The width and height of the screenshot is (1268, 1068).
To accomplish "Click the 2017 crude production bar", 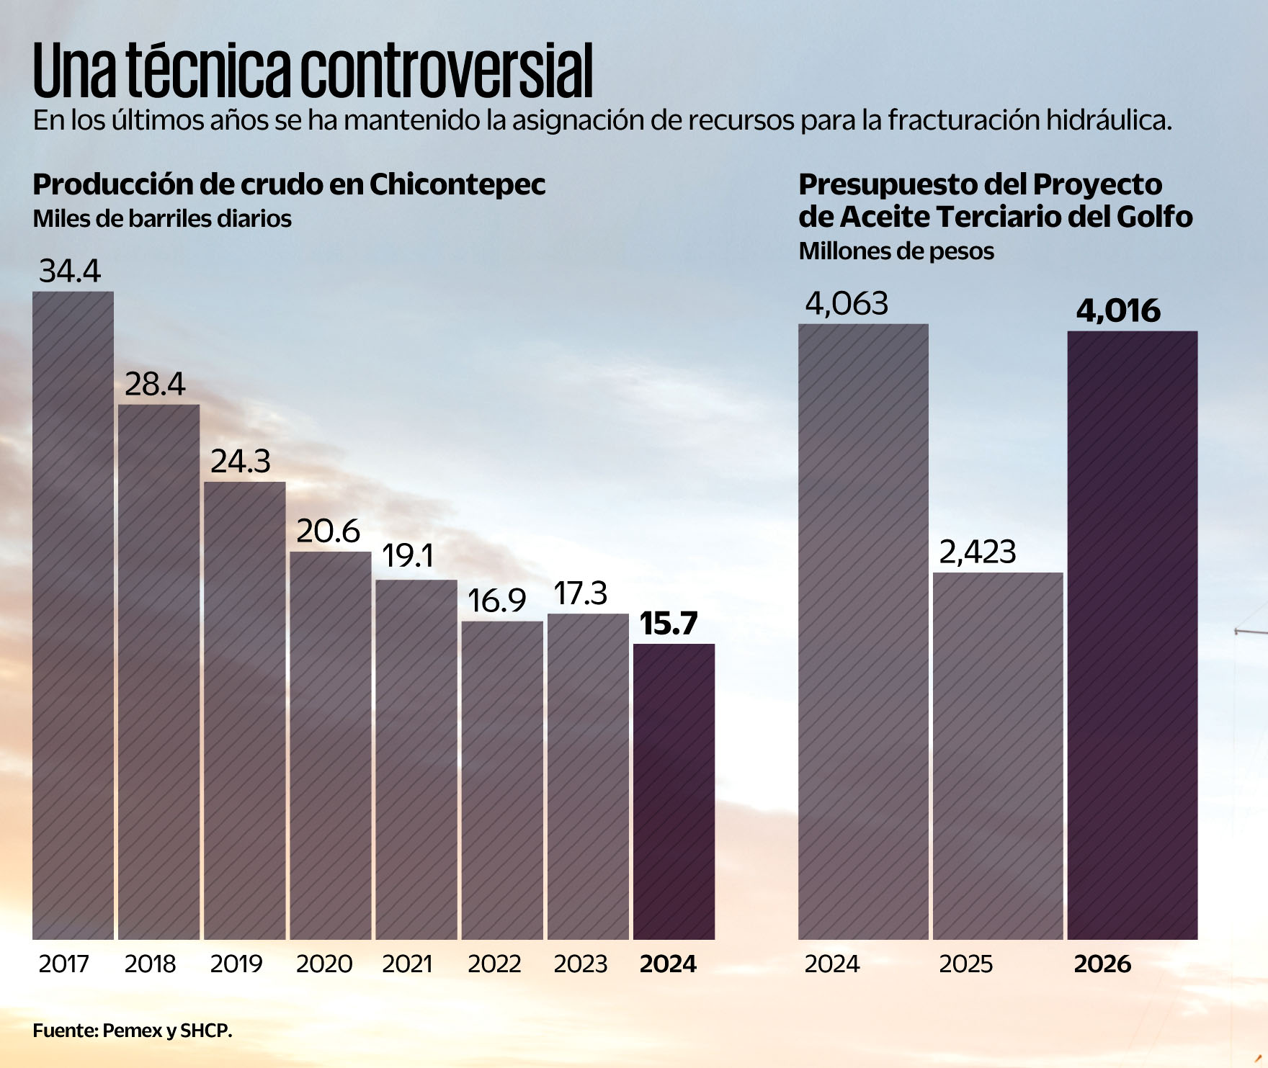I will click(x=73, y=616).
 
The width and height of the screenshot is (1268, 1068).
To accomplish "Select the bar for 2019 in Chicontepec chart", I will click(x=244, y=711).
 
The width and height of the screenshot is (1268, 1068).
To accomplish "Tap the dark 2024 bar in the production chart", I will click(x=674, y=791).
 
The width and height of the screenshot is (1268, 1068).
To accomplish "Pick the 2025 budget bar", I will click(x=998, y=756).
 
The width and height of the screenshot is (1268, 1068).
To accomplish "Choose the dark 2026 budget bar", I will click(x=1133, y=635).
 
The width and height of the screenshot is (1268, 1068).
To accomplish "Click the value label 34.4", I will click(x=70, y=271).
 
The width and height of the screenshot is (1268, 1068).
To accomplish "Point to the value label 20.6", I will click(x=328, y=531).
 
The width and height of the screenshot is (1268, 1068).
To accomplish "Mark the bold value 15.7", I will click(x=669, y=624).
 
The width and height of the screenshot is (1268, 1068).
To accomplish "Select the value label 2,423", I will click(x=978, y=552).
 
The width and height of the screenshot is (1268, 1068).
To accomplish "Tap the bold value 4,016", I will click(x=1118, y=311).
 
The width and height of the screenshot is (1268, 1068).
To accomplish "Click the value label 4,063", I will click(x=847, y=304).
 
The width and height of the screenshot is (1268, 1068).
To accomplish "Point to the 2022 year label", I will click(x=494, y=964).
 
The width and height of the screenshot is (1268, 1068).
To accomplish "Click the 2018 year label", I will click(x=150, y=964).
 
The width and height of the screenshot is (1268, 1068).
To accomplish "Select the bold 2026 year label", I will click(x=1102, y=964).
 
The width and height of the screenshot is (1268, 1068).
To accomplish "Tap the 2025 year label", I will click(x=965, y=964).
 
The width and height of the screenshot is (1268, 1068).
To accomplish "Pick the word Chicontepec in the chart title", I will click(x=457, y=185).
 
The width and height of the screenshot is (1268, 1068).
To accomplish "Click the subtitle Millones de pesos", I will click(x=896, y=251).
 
